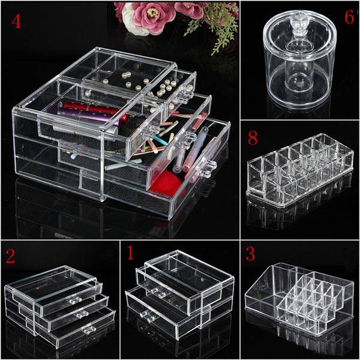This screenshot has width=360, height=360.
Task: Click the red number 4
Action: click(17, 22)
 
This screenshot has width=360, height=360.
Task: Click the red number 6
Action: click(349, 17)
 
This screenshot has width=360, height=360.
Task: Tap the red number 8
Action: click(253, 138)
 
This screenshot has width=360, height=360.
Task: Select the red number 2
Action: click(10, 256)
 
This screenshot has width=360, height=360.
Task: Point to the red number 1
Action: click(130, 253)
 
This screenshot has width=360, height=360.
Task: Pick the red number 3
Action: click(250, 254)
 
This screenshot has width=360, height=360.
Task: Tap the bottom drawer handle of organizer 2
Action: click(89, 329)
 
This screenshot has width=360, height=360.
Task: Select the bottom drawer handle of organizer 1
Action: click(148, 315)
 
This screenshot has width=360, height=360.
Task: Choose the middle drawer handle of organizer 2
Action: click(82, 315)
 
